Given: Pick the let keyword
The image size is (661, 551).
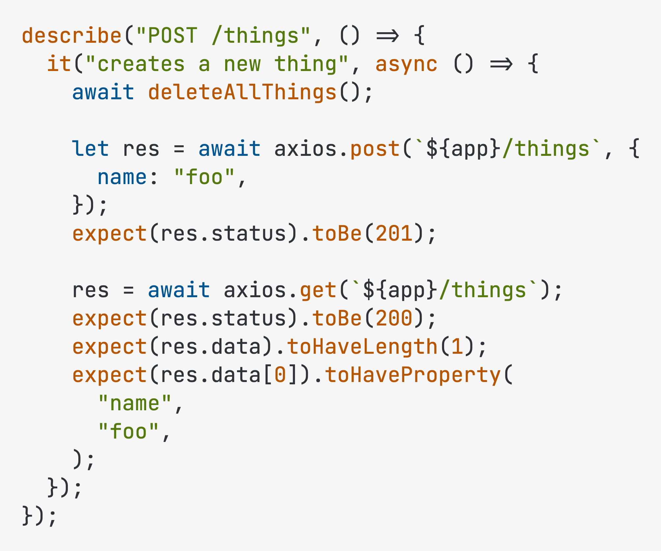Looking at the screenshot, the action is [x=90, y=149].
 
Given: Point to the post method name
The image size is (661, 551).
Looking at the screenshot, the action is [x=375, y=149].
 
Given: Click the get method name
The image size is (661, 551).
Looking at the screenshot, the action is [x=318, y=291].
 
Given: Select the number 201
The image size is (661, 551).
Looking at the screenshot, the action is [x=394, y=233].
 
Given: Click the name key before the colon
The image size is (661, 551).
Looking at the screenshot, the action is [x=122, y=178].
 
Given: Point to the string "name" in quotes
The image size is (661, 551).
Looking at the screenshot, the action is [x=135, y=403].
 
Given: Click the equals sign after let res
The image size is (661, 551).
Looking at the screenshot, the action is [x=179, y=149].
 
